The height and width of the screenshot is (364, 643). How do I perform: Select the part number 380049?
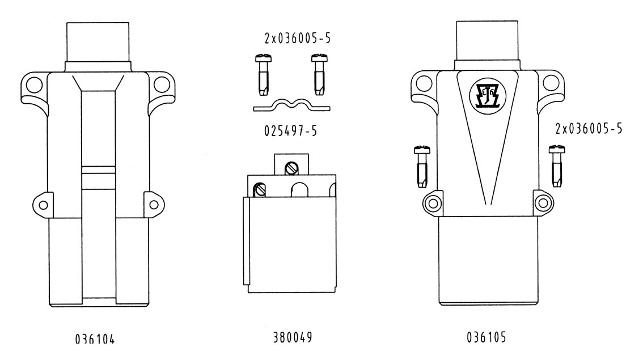point(288,338)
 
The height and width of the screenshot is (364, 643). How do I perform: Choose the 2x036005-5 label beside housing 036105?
point(588,129)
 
